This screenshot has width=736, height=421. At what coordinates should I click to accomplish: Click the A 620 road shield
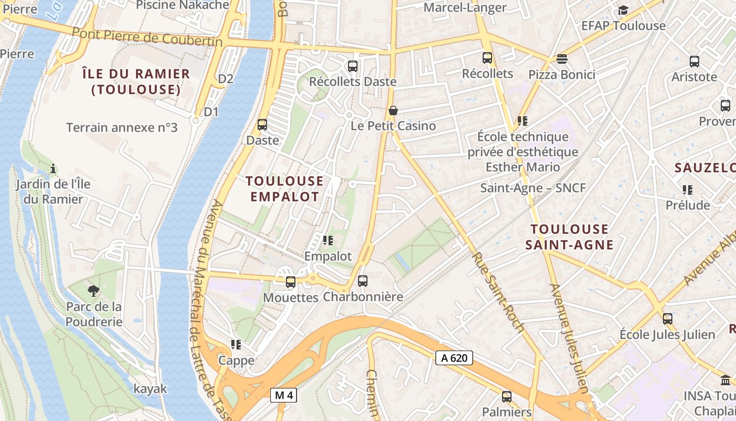pyautogui.click(x=454, y=358)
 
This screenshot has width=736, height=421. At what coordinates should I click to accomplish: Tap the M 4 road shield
pyautogui.click(x=283, y=395)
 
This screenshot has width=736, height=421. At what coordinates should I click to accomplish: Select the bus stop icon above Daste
pyautogui.click(x=262, y=125)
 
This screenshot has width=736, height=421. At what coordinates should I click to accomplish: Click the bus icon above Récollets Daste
pyautogui.click(x=352, y=66)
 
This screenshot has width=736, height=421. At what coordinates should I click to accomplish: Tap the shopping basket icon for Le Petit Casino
pyautogui.click(x=393, y=111)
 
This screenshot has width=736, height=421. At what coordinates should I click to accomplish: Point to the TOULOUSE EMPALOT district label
pyautogui.click(x=284, y=189)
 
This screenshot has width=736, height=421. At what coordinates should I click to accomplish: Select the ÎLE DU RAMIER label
pyautogui.click(x=136, y=82)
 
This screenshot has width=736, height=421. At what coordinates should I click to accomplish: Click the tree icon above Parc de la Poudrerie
pyautogui.click(x=94, y=290)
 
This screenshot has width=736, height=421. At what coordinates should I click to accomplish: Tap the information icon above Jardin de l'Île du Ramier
pyautogui.click(x=53, y=169)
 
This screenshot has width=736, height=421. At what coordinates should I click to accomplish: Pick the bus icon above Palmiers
pyautogui.click(x=507, y=396)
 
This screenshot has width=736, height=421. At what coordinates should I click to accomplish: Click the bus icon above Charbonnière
pyautogui.click(x=362, y=281)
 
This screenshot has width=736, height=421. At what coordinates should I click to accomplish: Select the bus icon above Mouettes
pyautogui.click(x=291, y=282)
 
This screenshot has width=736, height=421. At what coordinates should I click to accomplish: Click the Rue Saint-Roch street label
pyautogui.click(x=497, y=292)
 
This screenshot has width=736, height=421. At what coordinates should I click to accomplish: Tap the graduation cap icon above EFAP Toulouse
pyautogui.click(x=623, y=11)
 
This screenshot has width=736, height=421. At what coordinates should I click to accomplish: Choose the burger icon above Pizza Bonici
pyautogui.click(x=561, y=58)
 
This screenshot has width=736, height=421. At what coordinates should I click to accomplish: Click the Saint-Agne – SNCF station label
pyautogui.click(x=533, y=188)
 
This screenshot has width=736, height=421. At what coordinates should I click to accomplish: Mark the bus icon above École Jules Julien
pyautogui.click(x=667, y=319)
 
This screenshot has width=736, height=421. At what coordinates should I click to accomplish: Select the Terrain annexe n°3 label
pyautogui.click(x=122, y=127)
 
